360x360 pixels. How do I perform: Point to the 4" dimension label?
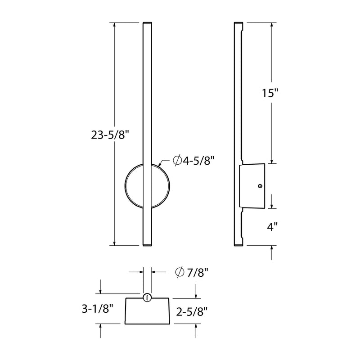271,227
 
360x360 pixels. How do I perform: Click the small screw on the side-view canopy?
260,185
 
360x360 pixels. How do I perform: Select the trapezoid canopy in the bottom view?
147,311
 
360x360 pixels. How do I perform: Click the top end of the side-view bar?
238,22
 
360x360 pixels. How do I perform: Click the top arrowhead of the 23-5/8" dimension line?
115,25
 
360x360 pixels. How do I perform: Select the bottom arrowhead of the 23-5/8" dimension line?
115,243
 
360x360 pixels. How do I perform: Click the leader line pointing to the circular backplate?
164,162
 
